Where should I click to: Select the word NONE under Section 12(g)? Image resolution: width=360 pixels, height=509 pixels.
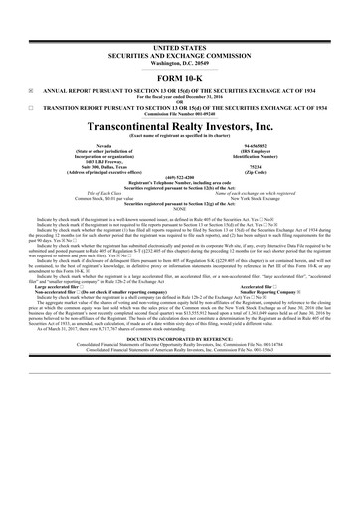180,221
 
